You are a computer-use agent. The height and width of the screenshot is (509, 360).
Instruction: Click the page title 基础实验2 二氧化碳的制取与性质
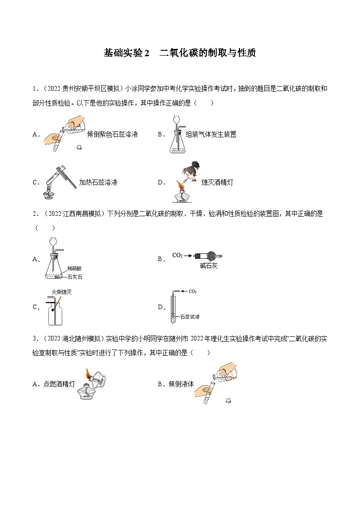click(180, 53)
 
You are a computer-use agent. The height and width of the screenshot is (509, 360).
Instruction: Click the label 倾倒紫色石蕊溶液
click(112, 134)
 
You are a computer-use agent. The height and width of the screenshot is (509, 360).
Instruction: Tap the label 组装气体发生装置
click(211, 134)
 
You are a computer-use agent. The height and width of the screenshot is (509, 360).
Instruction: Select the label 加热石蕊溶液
click(98, 182)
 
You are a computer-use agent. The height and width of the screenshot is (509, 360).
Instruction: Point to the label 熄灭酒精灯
click(217, 182)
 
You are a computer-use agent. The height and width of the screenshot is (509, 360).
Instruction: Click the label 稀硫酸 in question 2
click(74, 268)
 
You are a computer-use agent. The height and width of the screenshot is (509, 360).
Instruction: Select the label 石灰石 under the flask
click(75, 276)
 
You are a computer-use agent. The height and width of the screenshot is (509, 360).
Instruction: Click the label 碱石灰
click(209, 266)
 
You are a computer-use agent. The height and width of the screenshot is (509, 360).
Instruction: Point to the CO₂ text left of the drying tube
click(177, 256)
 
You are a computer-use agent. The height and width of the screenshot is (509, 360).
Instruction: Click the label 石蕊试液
click(190, 317)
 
